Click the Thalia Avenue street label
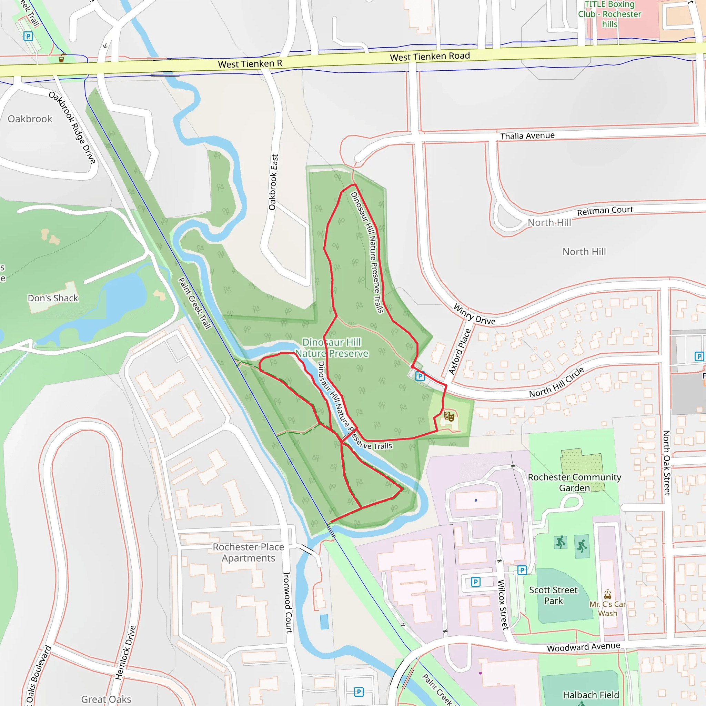click(527, 136)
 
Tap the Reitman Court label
click(605, 211)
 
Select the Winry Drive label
click(474, 314)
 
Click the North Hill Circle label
click(556, 383)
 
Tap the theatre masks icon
click(449, 416)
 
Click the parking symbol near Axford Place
click(420, 376)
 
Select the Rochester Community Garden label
click(574, 482)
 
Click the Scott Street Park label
click(553, 595)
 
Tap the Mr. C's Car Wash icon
click(607, 594)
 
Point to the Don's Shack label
click(53, 298)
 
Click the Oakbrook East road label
click(273, 182)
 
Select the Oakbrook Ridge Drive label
click(72, 128)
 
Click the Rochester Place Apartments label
click(249, 553)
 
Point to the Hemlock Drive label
click(125, 652)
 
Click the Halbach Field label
click(591, 695)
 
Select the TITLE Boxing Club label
click(609, 14)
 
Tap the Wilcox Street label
click(503, 604)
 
